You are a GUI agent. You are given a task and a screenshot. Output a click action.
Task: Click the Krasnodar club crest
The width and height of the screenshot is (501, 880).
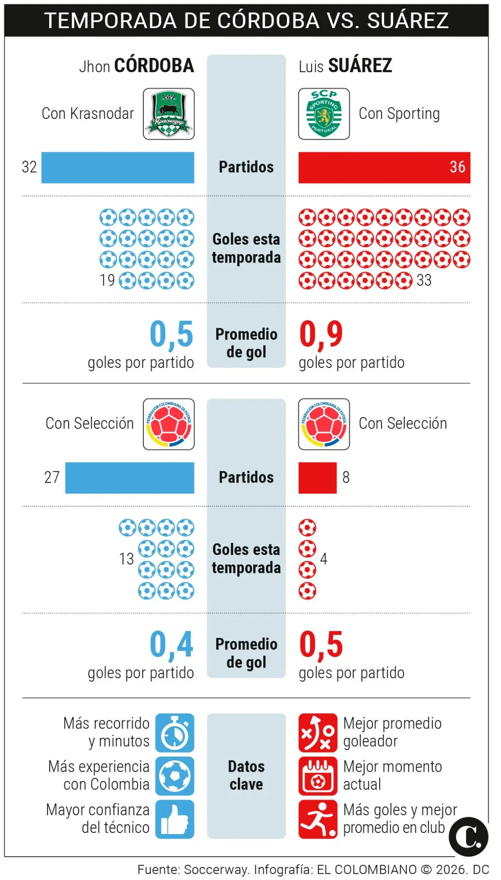(x=169, y=114)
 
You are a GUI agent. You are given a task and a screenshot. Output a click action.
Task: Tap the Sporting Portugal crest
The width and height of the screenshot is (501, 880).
(x=324, y=114)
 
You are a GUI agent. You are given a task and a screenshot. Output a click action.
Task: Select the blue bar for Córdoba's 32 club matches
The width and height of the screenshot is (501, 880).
(x=118, y=168)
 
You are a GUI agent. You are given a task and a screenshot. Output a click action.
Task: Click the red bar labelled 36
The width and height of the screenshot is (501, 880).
(x=384, y=168)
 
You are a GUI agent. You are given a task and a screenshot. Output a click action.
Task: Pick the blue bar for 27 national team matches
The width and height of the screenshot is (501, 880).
(x=130, y=477)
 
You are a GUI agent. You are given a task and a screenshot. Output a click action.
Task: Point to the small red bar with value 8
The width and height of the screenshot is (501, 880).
(x=317, y=477)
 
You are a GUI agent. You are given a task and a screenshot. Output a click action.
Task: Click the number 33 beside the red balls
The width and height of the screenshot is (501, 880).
(x=424, y=280)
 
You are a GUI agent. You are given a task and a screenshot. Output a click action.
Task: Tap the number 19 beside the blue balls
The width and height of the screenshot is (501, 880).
(x=107, y=280)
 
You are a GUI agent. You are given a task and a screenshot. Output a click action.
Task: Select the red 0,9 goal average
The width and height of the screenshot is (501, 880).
(x=321, y=334)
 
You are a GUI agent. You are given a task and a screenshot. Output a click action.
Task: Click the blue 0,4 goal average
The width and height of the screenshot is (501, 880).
(x=171, y=645)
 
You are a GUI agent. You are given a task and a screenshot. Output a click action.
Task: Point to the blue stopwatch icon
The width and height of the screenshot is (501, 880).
(x=174, y=733)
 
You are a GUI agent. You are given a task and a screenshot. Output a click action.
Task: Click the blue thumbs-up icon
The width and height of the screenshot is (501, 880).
(x=174, y=819)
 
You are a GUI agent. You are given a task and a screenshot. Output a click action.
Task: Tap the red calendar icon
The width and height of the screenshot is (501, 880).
(x=318, y=776)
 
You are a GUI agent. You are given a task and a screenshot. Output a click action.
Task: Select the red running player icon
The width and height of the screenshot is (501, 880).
(x=318, y=819)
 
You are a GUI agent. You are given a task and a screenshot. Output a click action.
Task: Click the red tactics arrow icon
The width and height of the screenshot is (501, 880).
(x=318, y=733)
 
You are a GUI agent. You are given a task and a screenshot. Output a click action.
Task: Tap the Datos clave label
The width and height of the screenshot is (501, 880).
(x=246, y=775)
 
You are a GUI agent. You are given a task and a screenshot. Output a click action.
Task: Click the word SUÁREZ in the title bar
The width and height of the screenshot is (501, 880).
(x=408, y=21)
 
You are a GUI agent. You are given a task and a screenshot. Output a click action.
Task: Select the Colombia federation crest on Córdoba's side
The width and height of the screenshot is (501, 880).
(x=169, y=424)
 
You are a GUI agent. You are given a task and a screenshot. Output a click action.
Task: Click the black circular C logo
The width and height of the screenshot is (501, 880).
(x=468, y=837)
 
